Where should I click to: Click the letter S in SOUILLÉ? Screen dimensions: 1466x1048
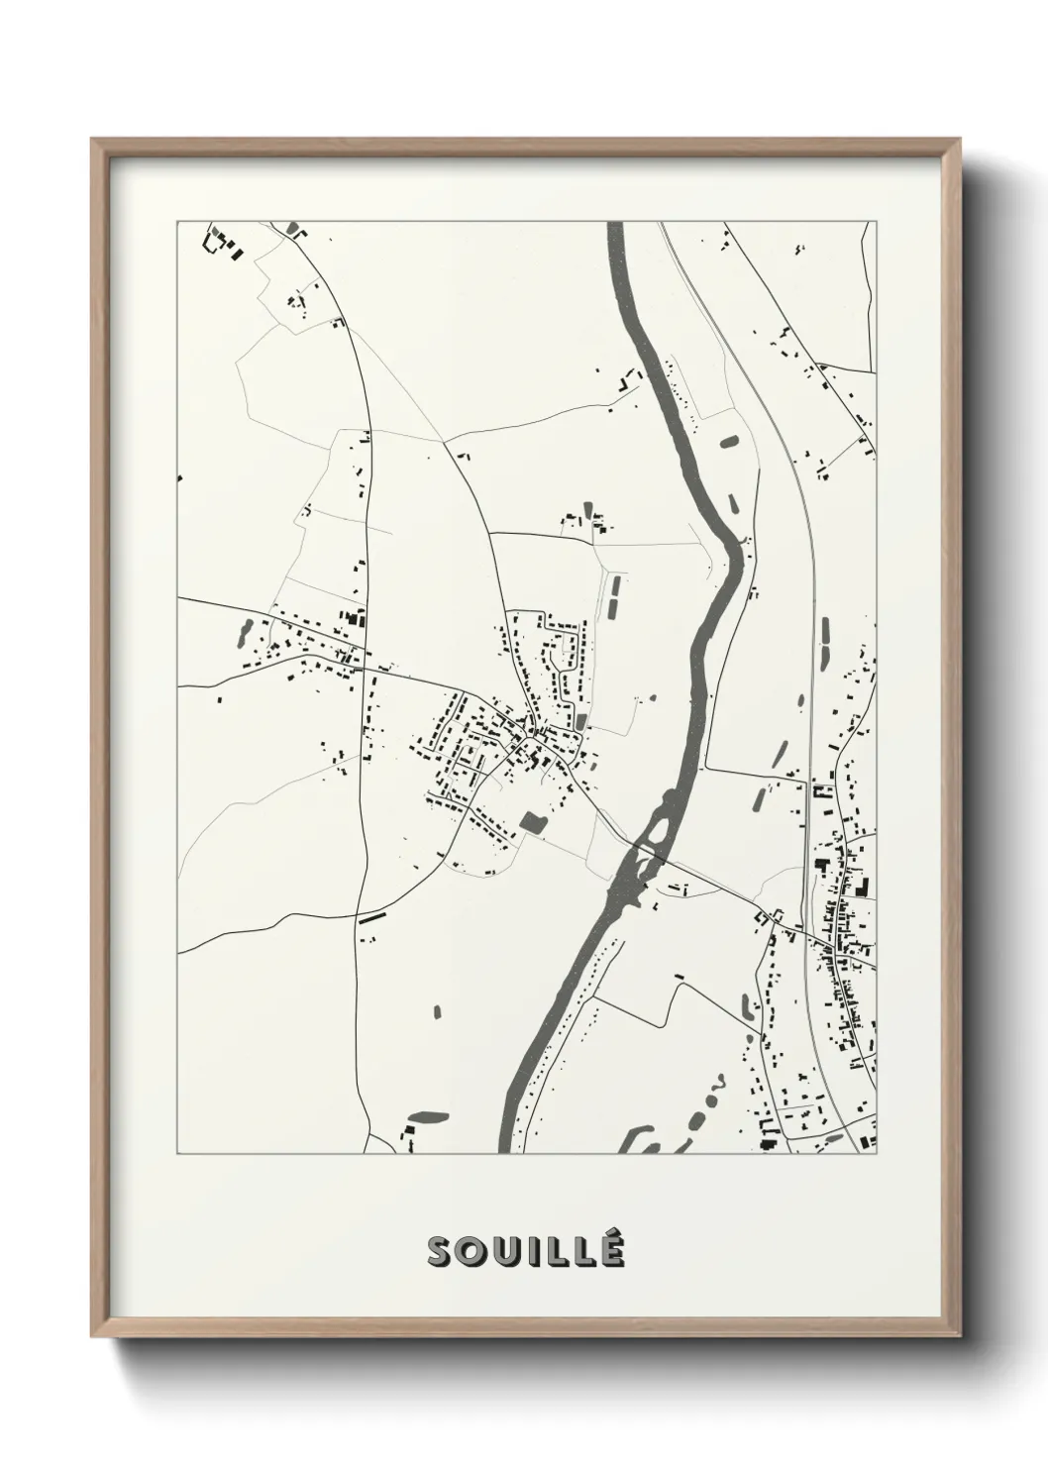pyautogui.click(x=440, y=1252)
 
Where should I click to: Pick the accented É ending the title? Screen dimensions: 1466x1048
pyautogui.click(x=612, y=1250)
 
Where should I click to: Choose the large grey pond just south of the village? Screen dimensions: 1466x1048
pyautogui.click(x=533, y=821)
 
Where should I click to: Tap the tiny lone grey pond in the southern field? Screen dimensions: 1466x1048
pyautogui.click(x=437, y=1011)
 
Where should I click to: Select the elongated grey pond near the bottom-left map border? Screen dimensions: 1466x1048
pyautogui.click(x=427, y=1117)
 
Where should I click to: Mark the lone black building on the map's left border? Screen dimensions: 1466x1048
pyautogui.click(x=180, y=478)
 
